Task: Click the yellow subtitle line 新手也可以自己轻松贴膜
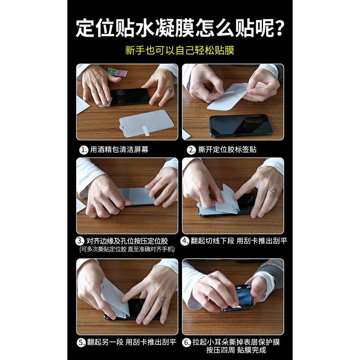[180, 50]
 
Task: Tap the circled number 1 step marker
[84, 150]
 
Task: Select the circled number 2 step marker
[191, 150]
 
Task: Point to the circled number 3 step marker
[80, 241]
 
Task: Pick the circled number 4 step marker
[185, 241]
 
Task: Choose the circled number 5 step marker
[81, 342]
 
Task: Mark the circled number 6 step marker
[186, 342]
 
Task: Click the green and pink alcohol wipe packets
[117, 72]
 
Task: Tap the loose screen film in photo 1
[147, 124]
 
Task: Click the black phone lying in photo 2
[240, 126]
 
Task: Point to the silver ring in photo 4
[272, 192]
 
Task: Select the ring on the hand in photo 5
[160, 299]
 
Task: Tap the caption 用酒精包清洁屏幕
[119, 150]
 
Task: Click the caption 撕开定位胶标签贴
[227, 150]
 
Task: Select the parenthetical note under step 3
[127, 249]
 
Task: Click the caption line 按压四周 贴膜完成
[236, 350]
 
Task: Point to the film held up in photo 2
[228, 96]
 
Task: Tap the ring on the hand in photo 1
[169, 89]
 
